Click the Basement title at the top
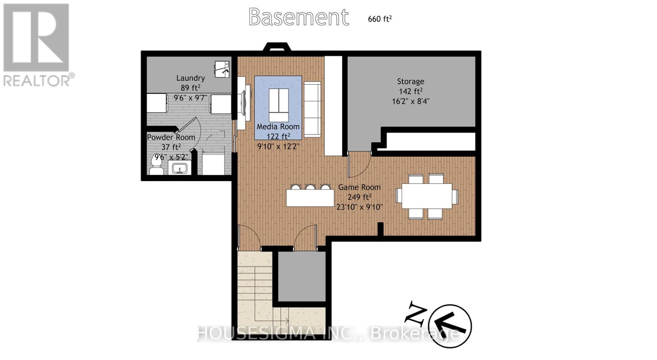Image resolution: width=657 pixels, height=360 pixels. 299,17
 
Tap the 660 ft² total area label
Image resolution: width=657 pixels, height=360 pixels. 380,19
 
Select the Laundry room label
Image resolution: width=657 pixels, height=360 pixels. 191,78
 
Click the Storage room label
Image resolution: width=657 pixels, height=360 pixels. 410,81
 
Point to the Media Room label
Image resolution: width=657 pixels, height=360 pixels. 278,127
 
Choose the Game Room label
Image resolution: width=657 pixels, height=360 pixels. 359,187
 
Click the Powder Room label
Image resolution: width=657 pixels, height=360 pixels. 171,137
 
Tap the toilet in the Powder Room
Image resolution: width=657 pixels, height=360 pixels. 156,166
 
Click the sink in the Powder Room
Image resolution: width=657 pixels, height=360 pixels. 179,168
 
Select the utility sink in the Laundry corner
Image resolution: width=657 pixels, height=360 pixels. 222,69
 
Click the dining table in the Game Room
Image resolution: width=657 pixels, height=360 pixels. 427,196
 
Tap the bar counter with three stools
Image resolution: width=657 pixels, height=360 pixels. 310,198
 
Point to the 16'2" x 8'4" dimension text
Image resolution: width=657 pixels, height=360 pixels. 411,101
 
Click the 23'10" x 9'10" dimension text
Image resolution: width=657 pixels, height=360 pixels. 359,207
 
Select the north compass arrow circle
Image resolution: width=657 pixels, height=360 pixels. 450,326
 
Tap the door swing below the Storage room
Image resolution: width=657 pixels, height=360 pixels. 360,165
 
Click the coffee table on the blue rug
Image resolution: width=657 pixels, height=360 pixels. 279,105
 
